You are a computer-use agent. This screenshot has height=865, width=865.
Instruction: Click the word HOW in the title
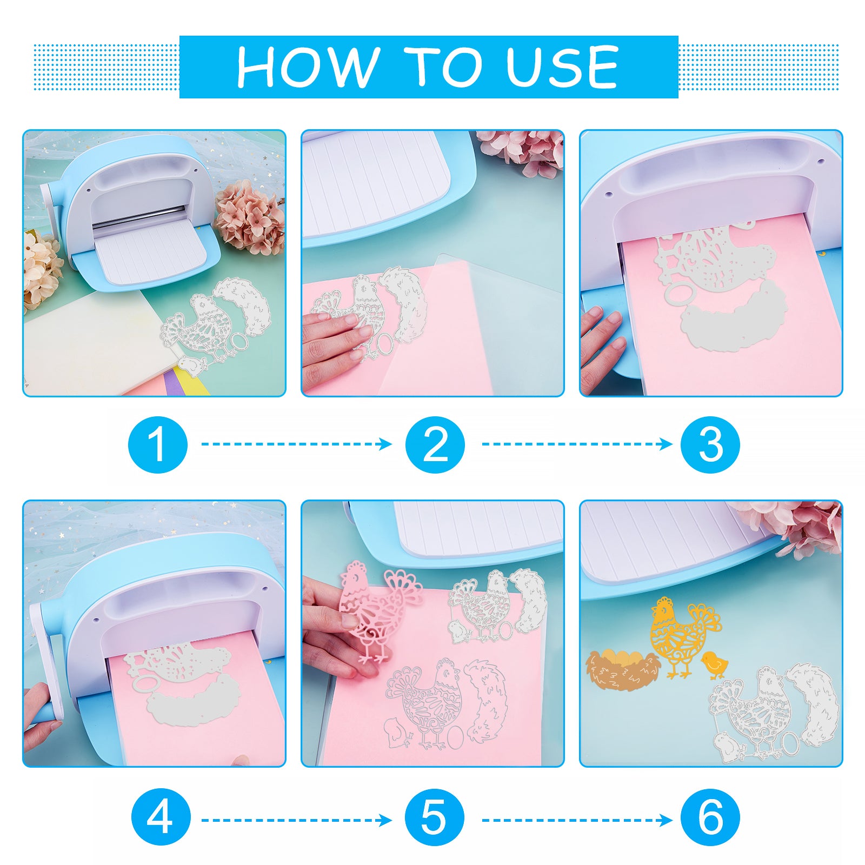(x=308, y=66)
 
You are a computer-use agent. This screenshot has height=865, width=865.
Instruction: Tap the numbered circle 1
(x=158, y=444)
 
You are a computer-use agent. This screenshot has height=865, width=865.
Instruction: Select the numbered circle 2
(x=435, y=444)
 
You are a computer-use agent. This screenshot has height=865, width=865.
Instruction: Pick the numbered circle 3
(x=710, y=444)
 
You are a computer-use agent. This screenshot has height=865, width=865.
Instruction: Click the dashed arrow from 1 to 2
(x=297, y=444)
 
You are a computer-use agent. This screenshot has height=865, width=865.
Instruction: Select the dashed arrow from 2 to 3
(x=577, y=444)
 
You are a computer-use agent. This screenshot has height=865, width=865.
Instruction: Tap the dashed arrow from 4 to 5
(x=297, y=820)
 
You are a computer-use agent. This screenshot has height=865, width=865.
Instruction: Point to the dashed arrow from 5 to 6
(x=577, y=820)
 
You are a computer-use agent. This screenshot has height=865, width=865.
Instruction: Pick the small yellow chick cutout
(x=714, y=665)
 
